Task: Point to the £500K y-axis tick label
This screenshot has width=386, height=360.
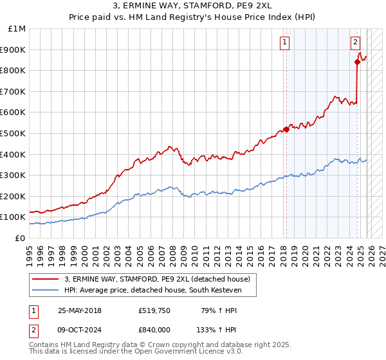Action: pos(14,133)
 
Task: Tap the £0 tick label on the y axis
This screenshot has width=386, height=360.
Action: pos(21,238)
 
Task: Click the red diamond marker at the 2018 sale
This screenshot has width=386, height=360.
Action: pos(286,129)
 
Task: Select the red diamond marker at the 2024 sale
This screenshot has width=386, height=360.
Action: pos(358,62)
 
